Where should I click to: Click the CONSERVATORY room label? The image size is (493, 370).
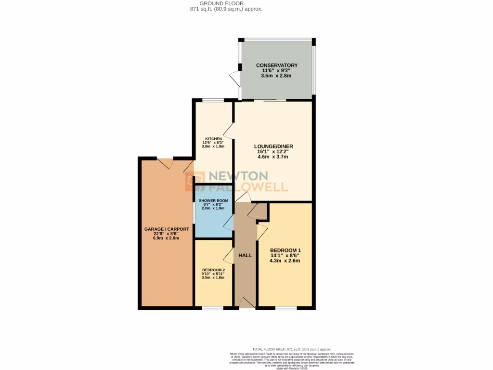point(276,66)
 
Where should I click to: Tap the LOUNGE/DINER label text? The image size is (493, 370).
point(273,146)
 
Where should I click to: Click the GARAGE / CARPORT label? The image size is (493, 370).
point(166,229)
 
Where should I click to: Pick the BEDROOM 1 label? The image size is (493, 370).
point(285,250)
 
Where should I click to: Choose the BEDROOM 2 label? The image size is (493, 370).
point(213,270)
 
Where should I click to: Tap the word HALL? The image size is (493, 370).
point(245,255)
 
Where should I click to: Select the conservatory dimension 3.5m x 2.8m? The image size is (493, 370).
point(276,76)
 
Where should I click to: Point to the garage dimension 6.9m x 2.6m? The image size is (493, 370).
point(166,238)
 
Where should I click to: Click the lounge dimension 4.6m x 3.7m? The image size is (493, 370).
point(273,157)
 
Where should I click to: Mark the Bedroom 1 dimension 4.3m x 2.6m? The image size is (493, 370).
point(285,261)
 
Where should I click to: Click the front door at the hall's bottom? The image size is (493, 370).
point(246,303)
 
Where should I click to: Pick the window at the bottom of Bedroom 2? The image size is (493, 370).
point(212,307)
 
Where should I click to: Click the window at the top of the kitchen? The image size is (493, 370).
point(212,100)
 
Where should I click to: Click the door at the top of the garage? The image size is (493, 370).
point(165,162)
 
